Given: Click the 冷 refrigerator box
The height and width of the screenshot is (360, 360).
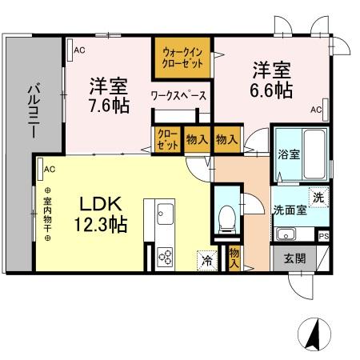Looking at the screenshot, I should [x=206, y=259].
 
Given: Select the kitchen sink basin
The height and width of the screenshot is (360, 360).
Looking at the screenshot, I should [x=166, y=214].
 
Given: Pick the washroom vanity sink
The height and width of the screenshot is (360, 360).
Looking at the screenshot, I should [x=286, y=234].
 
